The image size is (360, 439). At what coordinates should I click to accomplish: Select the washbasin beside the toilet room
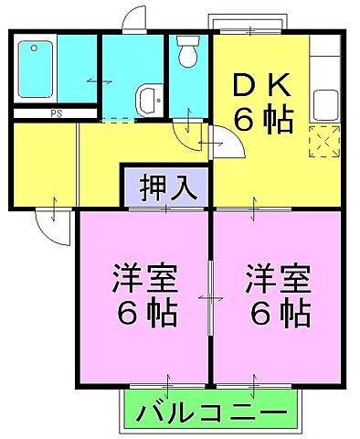[x=147, y=98]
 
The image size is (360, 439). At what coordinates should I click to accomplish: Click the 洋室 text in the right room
[x=279, y=277]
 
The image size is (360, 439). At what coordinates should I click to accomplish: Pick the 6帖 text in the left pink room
[x=145, y=314]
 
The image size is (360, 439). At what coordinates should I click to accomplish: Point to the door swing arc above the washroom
[x=134, y=19]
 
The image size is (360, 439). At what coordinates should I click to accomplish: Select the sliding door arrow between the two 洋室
[x=213, y=297]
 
